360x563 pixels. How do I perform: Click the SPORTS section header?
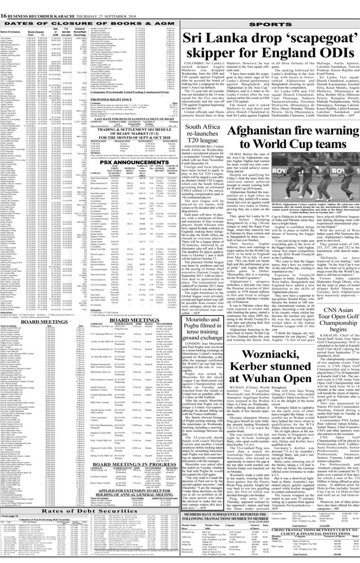[x=269, y=24]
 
